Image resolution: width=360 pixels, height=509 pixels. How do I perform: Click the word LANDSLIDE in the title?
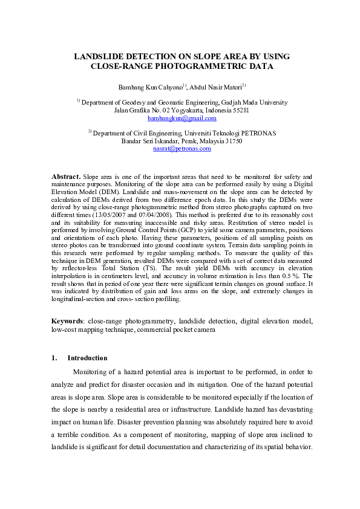tap(100, 56)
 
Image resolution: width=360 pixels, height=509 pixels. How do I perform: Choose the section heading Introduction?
tap(87, 358)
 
